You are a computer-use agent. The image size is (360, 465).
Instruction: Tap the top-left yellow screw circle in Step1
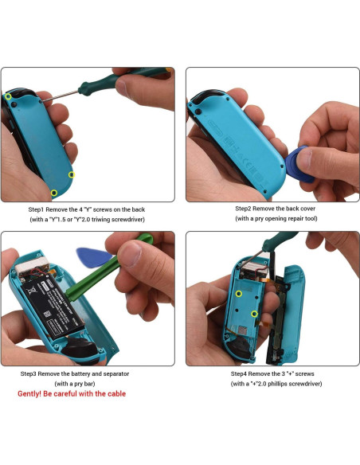[x=9, y=96]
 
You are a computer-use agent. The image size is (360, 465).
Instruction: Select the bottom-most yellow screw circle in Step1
[x=54, y=193]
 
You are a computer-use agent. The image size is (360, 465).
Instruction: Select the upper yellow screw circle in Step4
[x=238, y=293]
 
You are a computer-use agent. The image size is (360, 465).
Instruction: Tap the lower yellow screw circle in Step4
[x=254, y=314]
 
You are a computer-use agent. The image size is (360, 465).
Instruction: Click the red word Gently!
[x=31, y=393]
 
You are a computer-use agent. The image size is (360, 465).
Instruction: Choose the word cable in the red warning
[x=113, y=393]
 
